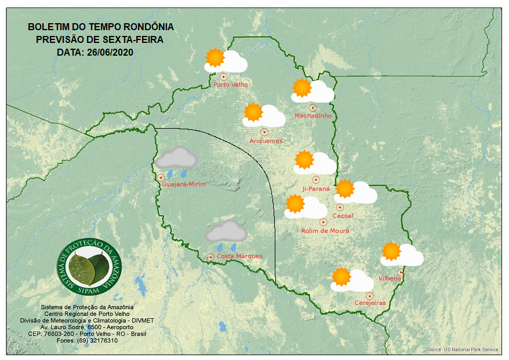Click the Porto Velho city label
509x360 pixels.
[231, 85]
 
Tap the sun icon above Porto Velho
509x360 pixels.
[215, 57]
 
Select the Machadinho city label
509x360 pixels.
[313, 116]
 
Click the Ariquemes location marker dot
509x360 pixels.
[264, 132]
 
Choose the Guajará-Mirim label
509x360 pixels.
[184, 184]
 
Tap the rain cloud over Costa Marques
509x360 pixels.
[226, 232]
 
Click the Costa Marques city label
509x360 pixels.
[239, 256]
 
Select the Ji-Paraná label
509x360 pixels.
[316, 189]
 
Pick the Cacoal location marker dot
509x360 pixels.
[340, 207]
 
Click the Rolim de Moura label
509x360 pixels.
[325, 231]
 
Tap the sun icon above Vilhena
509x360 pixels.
[391, 250]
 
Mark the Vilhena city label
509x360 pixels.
[390, 279]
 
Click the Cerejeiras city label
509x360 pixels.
[370, 303]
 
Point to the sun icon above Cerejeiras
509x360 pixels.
[341, 277]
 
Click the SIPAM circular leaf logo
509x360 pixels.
[90, 266]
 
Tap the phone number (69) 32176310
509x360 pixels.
[97, 340]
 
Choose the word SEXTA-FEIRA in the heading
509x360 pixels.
[132, 39]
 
